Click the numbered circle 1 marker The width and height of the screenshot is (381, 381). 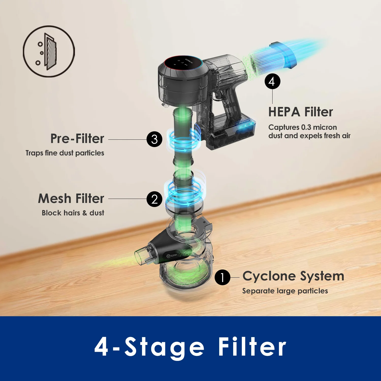pyautogui.click(x=222, y=277)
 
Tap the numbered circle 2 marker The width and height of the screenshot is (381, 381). pyautogui.click(x=154, y=199)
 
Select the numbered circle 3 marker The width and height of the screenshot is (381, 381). pyautogui.click(x=154, y=139)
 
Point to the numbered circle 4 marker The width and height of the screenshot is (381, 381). pyautogui.click(x=272, y=82)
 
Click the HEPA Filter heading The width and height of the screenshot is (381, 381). pyautogui.click(x=300, y=112)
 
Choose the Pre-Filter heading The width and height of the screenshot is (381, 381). pyautogui.click(x=77, y=139)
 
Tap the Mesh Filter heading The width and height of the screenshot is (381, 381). pyautogui.click(x=71, y=198)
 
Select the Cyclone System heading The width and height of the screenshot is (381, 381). pyautogui.click(x=293, y=276)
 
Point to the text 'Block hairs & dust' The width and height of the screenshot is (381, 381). pyautogui.click(x=73, y=213)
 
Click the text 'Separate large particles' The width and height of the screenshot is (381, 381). pyautogui.click(x=285, y=291)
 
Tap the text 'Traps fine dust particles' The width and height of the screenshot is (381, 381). pyautogui.click(x=65, y=153)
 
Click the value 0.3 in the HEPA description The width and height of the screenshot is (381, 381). pyautogui.click(x=306, y=127)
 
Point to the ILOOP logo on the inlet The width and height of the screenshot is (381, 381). pyautogui.click(x=172, y=256)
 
